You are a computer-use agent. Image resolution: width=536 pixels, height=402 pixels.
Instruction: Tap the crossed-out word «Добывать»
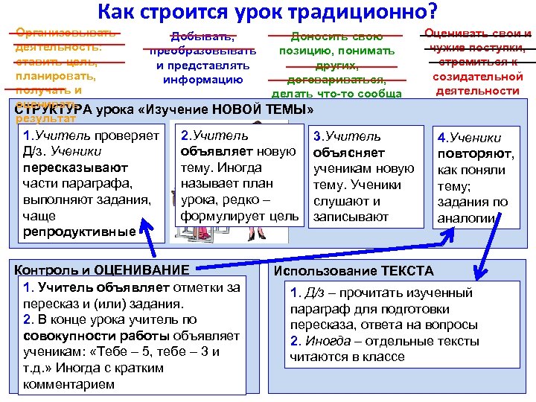click(203, 36)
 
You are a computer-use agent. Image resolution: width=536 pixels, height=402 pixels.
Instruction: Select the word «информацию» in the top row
click(203, 79)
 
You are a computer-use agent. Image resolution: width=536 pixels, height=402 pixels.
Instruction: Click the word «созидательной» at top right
click(477, 77)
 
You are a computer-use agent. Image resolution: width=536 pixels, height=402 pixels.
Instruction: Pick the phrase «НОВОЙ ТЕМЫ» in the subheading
click(255, 109)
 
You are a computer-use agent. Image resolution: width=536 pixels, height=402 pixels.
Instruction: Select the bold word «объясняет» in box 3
click(344, 153)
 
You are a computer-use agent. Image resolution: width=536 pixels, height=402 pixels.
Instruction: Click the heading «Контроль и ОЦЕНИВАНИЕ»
click(103, 269)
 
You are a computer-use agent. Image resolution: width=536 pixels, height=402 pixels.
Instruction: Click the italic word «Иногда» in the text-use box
click(323, 341)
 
